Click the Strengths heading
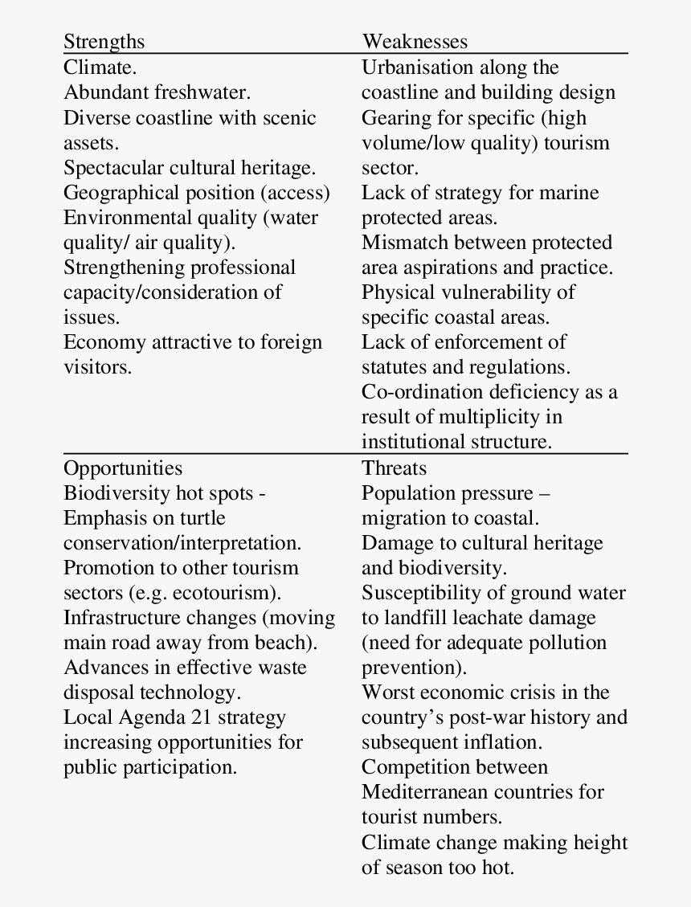[104, 42]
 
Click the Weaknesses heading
[415, 42]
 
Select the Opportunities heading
[123, 468]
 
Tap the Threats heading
[395, 468]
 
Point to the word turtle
[199, 518]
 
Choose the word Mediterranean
[425, 792]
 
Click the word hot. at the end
[497, 868]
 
